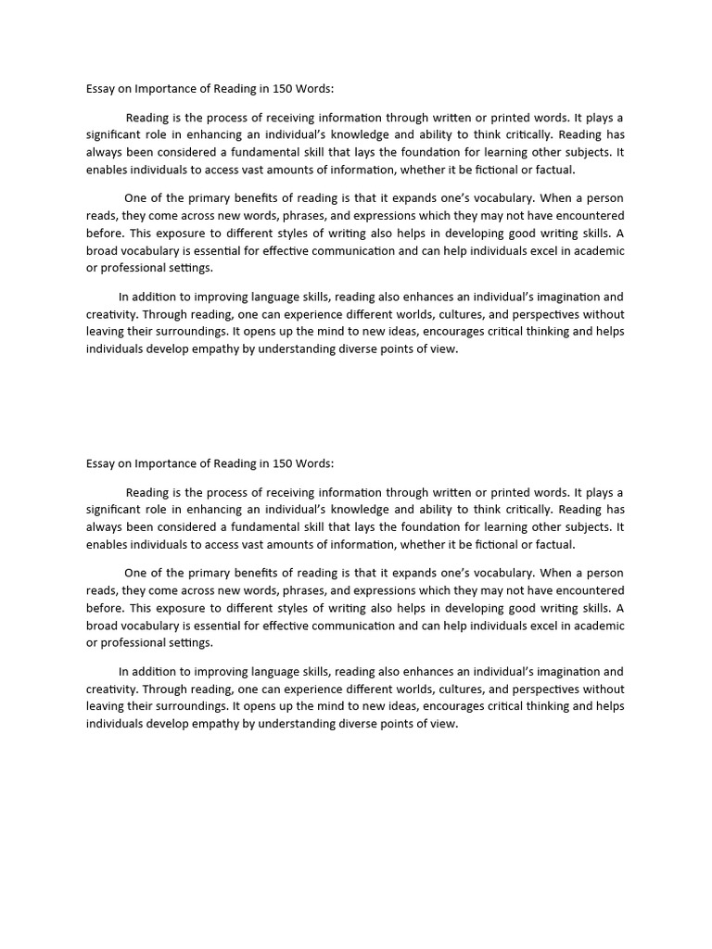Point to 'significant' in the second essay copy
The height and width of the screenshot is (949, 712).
click(x=117, y=510)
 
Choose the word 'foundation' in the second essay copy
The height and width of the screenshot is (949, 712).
click(x=426, y=527)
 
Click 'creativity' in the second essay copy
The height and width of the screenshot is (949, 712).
click(x=111, y=690)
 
